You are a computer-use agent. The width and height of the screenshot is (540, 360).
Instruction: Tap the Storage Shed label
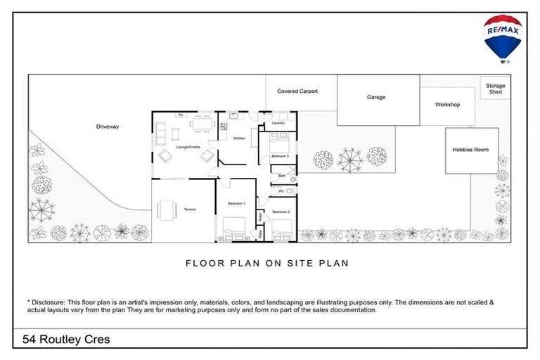(495, 89)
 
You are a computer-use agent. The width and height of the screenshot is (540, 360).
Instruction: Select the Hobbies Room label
(471, 150)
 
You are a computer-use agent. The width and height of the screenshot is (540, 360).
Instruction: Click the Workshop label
(447, 105)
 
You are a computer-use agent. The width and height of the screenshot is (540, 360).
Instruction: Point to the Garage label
(376, 97)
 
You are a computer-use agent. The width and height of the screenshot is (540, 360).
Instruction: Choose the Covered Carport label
(297, 91)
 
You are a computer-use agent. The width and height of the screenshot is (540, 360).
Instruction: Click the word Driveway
(108, 127)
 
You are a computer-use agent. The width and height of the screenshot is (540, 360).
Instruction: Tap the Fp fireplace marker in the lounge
(181, 115)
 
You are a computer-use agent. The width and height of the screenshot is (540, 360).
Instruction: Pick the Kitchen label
(240, 139)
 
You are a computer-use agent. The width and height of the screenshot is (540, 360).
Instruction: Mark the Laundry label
(278, 123)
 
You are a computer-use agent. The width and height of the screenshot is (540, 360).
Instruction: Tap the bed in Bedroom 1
(233, 229)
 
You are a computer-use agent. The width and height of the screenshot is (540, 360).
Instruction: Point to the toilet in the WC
(294, 191)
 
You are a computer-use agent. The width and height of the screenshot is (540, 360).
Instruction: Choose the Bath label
(281, 176)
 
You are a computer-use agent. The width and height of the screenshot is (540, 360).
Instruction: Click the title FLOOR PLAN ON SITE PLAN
(267, 264)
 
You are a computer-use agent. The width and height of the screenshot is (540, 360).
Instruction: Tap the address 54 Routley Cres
(66, 340)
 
